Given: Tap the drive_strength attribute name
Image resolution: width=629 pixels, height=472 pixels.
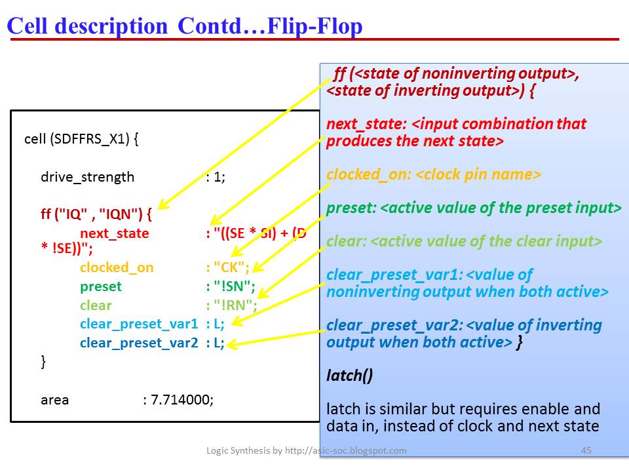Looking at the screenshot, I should click(87, 177).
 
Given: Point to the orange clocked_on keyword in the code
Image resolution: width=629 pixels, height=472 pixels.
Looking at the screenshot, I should click(117, 267).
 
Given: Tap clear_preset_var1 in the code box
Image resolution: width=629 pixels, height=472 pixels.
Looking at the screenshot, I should click(138, 324).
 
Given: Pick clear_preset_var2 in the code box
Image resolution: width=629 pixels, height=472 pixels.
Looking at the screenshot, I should click(138, 343).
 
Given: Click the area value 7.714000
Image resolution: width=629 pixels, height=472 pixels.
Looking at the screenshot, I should click(182, 399).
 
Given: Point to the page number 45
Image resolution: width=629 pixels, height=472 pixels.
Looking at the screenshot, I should click(586, 450).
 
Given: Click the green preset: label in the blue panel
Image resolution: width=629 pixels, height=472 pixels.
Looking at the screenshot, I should click(351, 208).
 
